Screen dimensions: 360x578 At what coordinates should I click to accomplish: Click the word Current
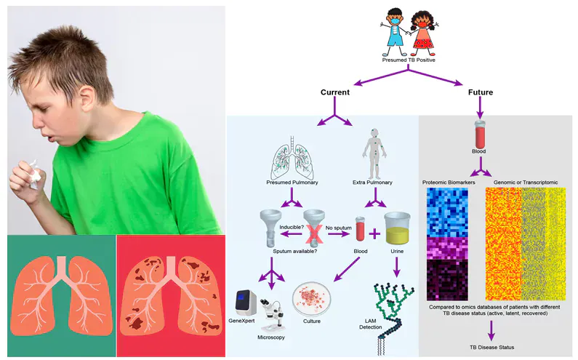coord(334,92)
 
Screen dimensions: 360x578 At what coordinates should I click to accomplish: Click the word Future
coord(480,92)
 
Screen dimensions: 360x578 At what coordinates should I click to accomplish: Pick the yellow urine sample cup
coord(398,228)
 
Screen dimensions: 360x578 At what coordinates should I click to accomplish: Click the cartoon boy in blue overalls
coord(393,34)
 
